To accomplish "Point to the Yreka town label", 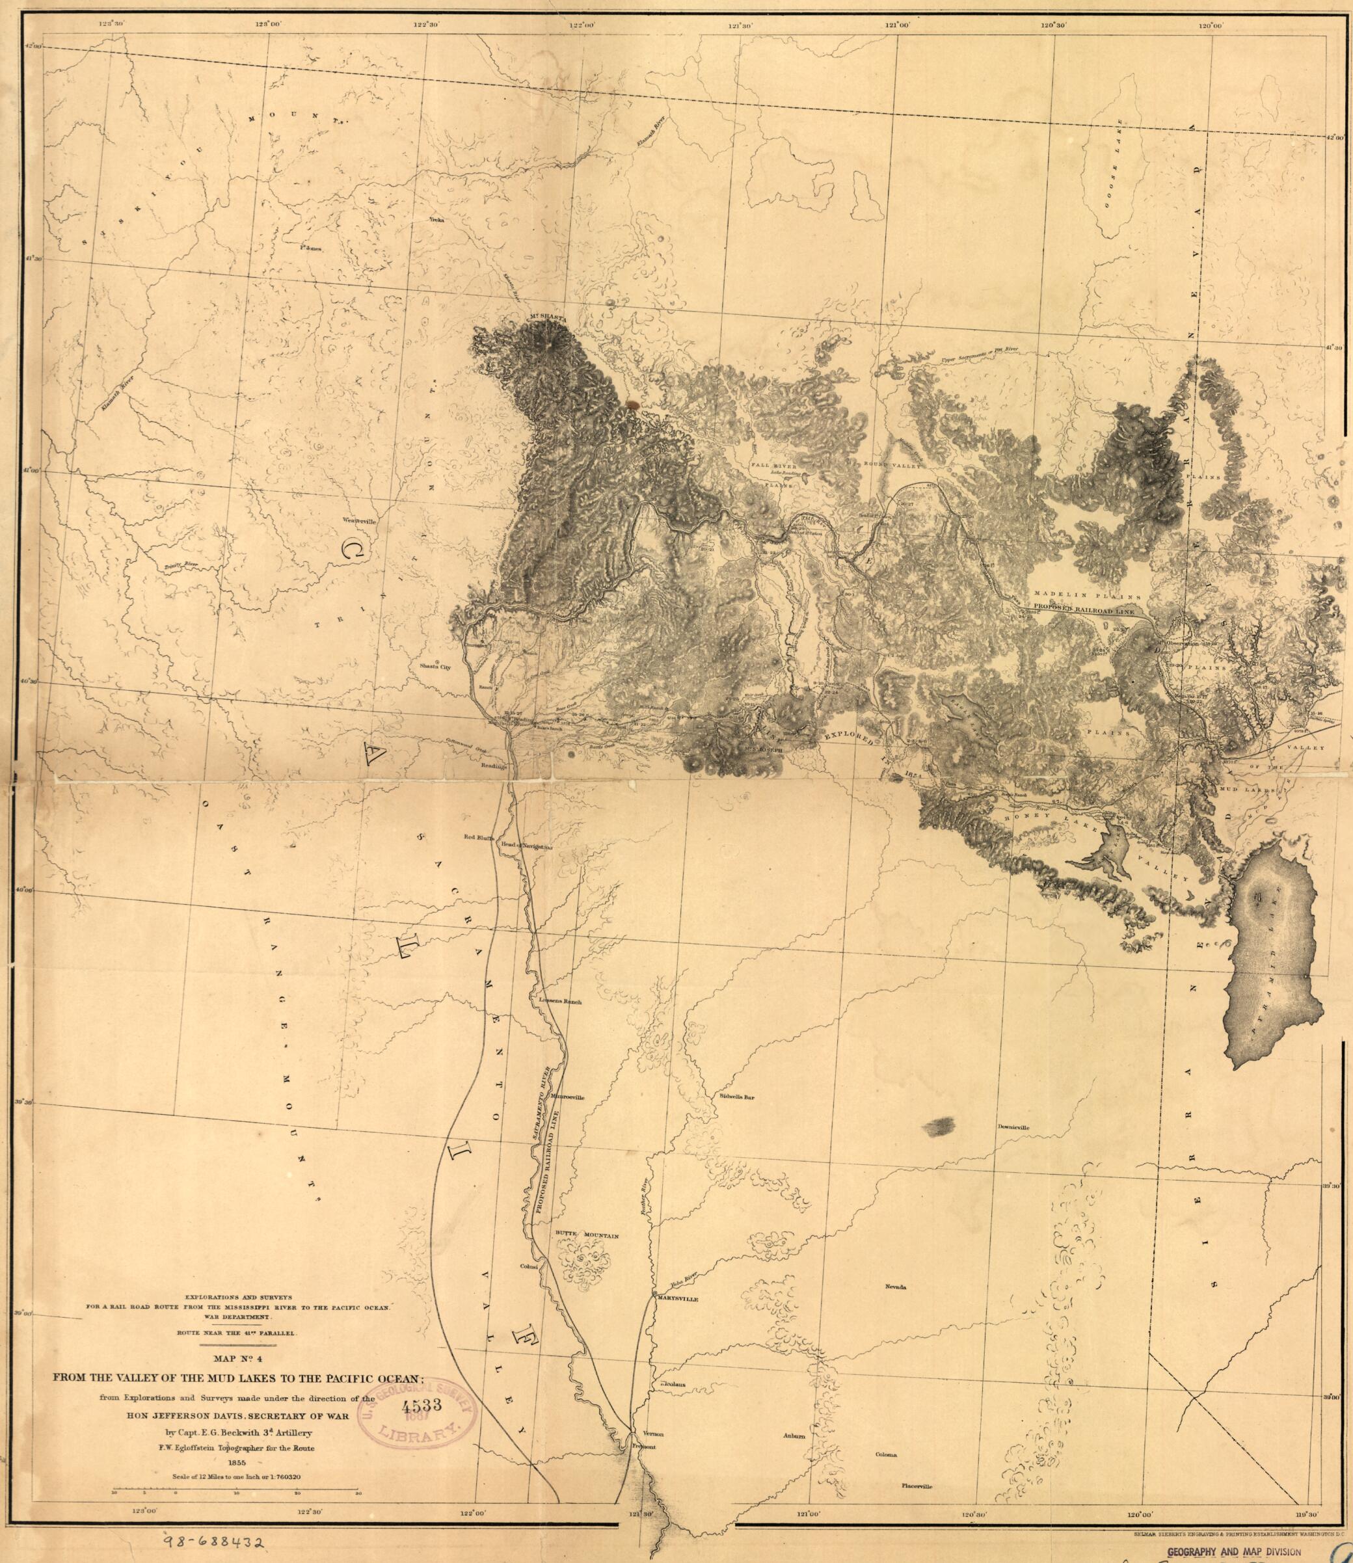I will tap(436, 220).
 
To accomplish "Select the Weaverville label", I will tap(359, 521).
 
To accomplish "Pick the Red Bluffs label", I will tap(479, 837).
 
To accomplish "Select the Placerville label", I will tap(917, 1486).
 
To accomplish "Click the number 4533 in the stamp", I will tap(423, 1407).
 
